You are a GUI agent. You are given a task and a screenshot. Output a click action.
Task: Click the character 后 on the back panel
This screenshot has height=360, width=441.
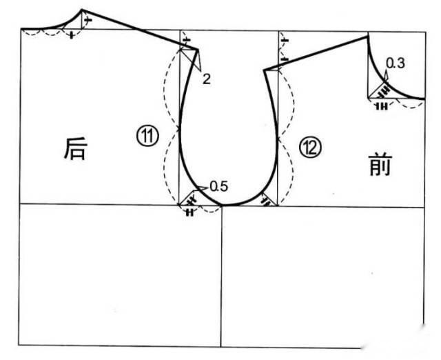click(x=75, y=149)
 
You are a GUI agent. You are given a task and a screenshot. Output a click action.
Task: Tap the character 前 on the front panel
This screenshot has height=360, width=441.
click(x=380, y=166)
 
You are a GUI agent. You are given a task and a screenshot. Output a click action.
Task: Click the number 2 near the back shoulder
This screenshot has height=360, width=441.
click(x=206, y=79)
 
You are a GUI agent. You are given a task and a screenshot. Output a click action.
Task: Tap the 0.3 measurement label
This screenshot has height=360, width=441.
click(x=396, y=64)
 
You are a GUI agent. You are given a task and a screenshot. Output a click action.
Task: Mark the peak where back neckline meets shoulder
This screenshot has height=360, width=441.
click(x=82, y=10)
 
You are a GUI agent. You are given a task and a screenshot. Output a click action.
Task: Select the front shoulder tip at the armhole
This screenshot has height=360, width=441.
click(x=264, y=69)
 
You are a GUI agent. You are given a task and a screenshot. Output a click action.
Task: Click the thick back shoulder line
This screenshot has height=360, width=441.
click(x=138, y=28)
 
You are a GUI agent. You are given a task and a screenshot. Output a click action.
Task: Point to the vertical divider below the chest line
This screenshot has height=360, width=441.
click(x=221, y=276)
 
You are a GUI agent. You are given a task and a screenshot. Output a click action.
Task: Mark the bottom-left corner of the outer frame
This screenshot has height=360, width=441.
click(x=20, y=346)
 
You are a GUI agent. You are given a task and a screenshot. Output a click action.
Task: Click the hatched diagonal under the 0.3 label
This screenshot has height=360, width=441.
click(x=380, y=89)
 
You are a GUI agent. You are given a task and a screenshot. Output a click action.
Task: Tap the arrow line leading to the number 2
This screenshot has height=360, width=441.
click(x=195, y=63)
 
